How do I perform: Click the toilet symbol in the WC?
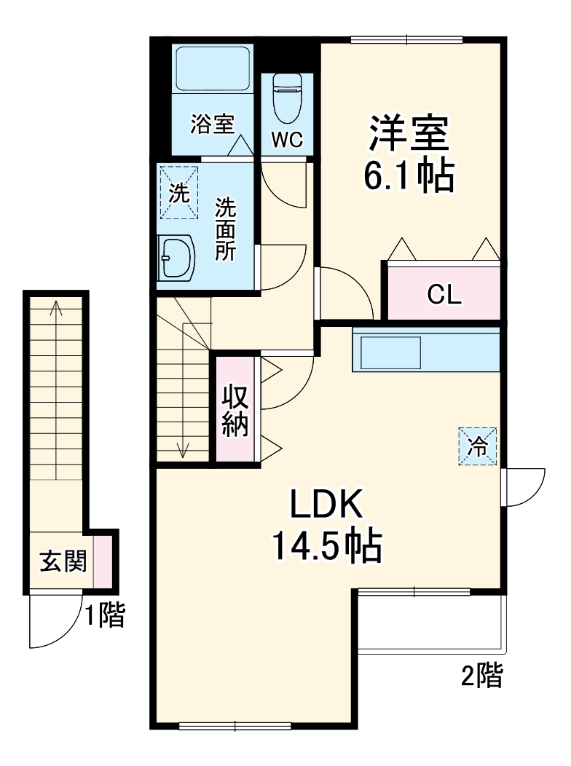coord(287,98)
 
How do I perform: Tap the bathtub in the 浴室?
coord(213,68)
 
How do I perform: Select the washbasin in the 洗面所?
coord(176,259)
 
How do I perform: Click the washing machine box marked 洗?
coord(179,192)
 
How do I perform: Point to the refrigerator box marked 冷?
coord(477,446)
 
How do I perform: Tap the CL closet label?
coord(444,294)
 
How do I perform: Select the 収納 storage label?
coord(235,411)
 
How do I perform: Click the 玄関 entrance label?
coord(63,561)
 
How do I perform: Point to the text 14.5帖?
coord(326,545)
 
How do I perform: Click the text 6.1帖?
coord(409,175)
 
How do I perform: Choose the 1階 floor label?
coord(105,615)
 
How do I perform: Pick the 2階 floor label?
coord(481,676)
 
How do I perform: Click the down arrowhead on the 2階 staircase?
coord(183,450)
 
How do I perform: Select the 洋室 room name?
coord(409,132)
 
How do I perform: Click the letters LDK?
coord(326,503)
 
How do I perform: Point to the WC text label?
coord(287,141)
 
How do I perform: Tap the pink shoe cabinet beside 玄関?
coord(103,562)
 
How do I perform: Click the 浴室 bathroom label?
coord(213,124)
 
